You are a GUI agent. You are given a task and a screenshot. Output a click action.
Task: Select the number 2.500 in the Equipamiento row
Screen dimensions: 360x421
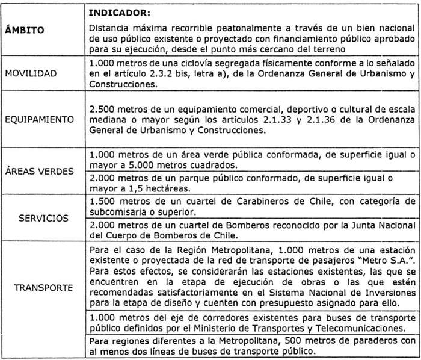click(x=102, y=110)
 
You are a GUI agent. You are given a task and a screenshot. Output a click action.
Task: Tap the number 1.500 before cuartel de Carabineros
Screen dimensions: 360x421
click(x=102, y=200)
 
